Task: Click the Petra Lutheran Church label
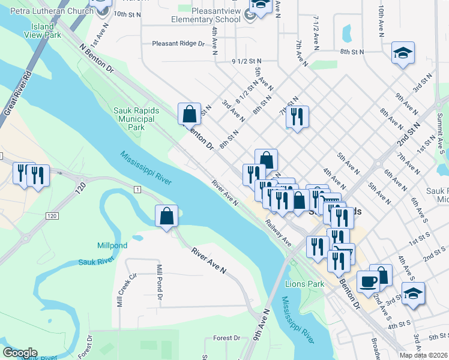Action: tap(46, 10)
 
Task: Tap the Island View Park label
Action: tap(43, 31)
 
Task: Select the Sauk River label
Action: tap(96, 262)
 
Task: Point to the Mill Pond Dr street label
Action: tap(159, 281)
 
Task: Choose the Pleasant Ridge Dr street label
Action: tap(178, 43)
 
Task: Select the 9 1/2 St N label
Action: tap(247, 61)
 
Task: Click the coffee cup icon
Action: tap(368, 281)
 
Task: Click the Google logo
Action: tap(20, 353)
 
